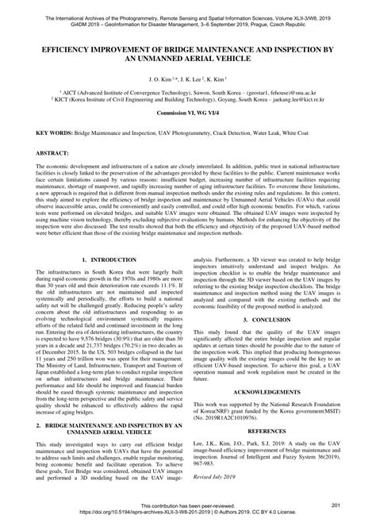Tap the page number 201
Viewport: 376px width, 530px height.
click(336, 505)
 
